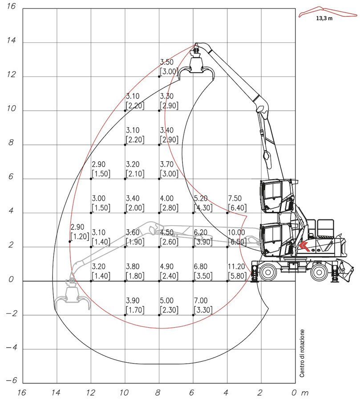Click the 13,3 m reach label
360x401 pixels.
click(x=324, y=18)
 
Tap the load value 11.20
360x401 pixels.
click(x=236, y=267)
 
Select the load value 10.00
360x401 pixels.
click(x=236, y=232)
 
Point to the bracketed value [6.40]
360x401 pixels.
click(x=237, y=208)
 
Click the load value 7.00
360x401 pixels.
click(x=201, y=300)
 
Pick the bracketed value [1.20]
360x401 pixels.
click(x=80, y=236)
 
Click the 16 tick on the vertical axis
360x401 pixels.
click(x=11, y=6)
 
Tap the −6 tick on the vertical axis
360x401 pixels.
click(x=11, y=380)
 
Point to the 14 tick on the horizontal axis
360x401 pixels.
click(x=56, y=393)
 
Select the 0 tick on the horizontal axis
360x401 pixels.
click(x=294, y=393)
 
